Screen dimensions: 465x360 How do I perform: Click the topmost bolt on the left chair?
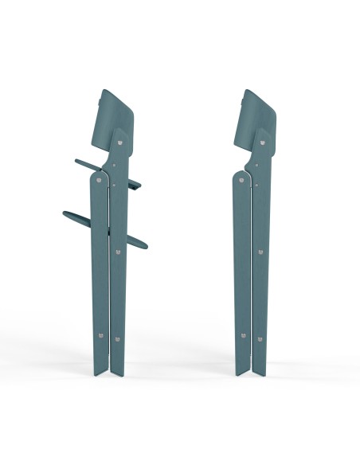tap(119, 143)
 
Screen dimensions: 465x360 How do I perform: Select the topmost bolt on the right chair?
tap(260, 143)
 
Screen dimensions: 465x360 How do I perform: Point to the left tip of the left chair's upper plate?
tap(77, 160)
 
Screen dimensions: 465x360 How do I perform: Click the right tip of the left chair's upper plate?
tap(139, 186)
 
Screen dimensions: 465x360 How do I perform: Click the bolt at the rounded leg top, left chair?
tap(99, 180)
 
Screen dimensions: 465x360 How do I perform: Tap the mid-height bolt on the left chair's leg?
tap(117, 252)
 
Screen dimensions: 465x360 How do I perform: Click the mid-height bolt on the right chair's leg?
tap(259, 252)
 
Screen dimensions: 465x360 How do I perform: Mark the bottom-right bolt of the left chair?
tap(117, 338)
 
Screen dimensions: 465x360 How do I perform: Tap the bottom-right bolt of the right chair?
tap(258, 338)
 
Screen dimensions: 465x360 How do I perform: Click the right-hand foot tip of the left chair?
tap(120, 376)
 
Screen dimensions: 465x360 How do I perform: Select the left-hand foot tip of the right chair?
tap(239, 374)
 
